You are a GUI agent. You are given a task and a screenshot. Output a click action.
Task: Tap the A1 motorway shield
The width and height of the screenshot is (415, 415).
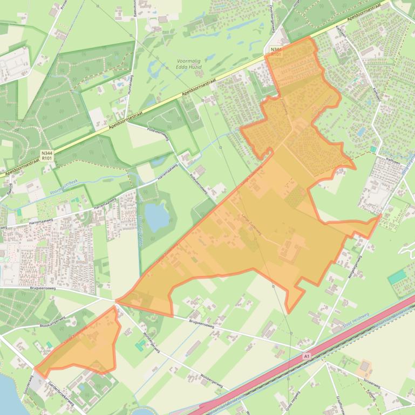(307, 356)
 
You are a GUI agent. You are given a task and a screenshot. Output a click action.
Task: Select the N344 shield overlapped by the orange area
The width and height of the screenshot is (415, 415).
(276, 51)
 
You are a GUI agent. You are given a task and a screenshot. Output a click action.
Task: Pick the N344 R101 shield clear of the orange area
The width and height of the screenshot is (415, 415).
(47, 156)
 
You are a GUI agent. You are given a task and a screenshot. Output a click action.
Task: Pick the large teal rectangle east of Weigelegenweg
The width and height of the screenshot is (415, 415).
(398, 277)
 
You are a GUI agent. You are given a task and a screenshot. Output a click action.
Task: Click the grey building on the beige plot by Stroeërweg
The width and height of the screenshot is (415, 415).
(364, 366)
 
